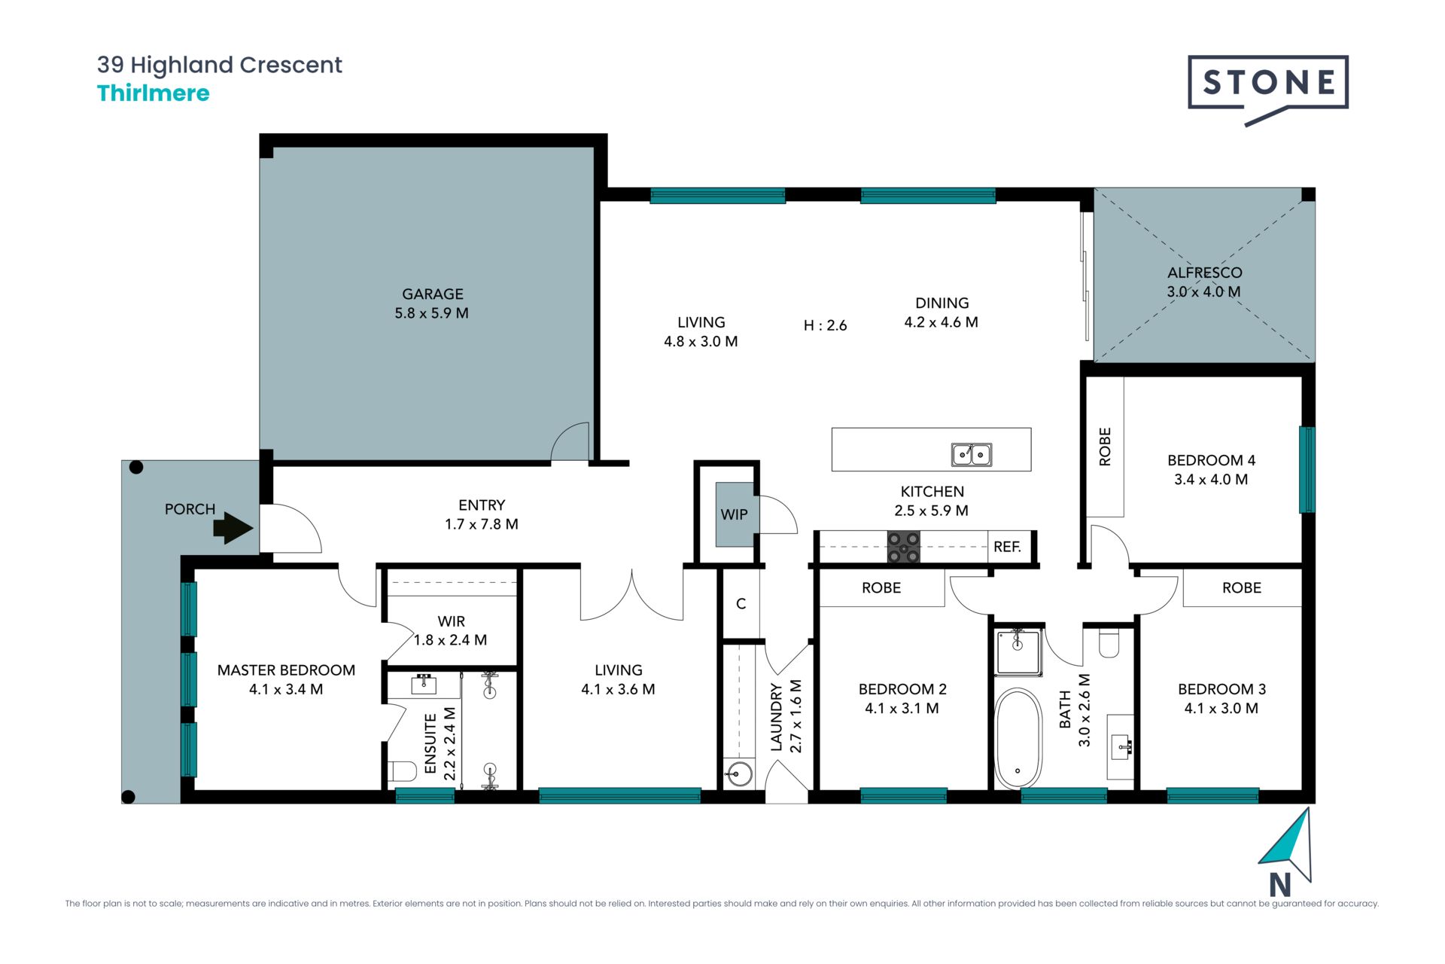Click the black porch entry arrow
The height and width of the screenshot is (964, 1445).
point(233,528)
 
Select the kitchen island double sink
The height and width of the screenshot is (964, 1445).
point(972,454)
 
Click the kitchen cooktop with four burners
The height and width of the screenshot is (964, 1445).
point(903,548)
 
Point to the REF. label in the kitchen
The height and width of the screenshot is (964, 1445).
point(1007,547)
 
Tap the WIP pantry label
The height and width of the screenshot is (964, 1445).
point(734,514)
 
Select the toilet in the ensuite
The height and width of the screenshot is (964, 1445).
point(403,771)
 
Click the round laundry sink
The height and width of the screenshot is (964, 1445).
point(739,773)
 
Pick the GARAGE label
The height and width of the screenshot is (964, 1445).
point(433,294)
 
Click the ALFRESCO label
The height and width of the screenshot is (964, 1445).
point(1204,273)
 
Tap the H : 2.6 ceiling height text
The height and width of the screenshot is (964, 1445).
point(826,325)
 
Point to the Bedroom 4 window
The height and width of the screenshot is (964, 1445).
point(1307,470)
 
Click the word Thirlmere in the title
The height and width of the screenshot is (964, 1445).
point(154,93)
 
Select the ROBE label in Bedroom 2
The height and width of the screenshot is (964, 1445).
point(881,587)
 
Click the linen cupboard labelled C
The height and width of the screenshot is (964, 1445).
point(741,603)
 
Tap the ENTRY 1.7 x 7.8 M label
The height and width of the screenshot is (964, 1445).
point(482,514)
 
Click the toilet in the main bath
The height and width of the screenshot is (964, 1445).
point(1109,642)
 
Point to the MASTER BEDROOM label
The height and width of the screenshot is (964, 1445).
point(286,670)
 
